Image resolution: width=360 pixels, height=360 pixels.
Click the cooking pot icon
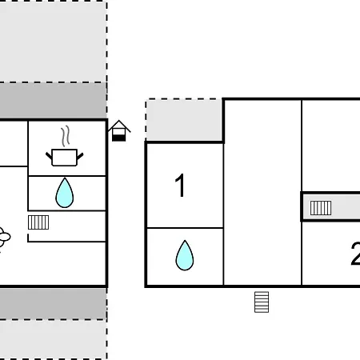click(65, 158)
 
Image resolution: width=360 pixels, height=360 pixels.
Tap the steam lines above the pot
click(65, 136)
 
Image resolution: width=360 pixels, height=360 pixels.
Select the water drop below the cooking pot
click(65, 193)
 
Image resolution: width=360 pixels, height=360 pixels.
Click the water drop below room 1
click(185, 256)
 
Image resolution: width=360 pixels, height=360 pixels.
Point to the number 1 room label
click(180, 185)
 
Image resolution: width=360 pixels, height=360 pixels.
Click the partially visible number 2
click(355, 254)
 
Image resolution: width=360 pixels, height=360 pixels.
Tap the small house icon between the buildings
click(119, 130)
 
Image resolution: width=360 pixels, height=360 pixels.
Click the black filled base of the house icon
click(118, 138)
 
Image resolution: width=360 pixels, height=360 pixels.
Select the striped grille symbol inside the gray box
click(321, 208)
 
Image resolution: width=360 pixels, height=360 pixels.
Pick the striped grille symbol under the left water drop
click(38, 222)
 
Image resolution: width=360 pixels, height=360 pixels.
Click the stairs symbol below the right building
click(262, 302)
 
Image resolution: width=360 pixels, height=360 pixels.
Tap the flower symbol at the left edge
click(4, 237)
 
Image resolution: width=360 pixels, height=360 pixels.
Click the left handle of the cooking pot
click(49, 156)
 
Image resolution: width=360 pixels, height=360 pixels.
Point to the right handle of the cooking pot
click(80, 156)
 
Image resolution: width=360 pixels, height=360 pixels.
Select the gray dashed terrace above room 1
click(184, 120)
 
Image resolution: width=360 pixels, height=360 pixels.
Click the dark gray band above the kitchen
click(54, 101)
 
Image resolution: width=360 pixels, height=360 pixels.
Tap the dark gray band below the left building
click(54, 303)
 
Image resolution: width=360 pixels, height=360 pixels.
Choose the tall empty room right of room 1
click(262, 192)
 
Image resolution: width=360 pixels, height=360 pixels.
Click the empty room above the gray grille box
click(331, 146)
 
